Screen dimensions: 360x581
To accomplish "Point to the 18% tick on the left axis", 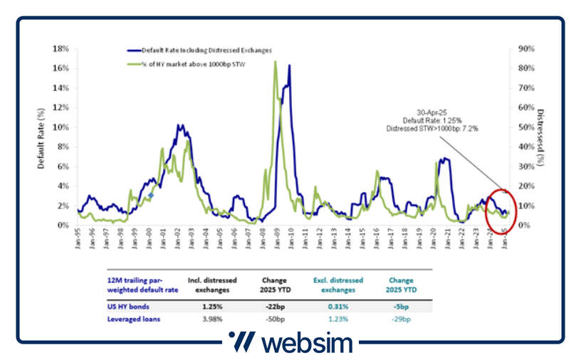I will point(61,49).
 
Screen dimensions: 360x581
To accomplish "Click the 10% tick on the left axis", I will point(61,127).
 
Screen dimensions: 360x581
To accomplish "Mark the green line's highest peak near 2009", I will point(275,62).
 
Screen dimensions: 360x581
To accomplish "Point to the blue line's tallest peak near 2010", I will point(289,65).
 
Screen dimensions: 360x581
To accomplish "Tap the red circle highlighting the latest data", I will point(498,211).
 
